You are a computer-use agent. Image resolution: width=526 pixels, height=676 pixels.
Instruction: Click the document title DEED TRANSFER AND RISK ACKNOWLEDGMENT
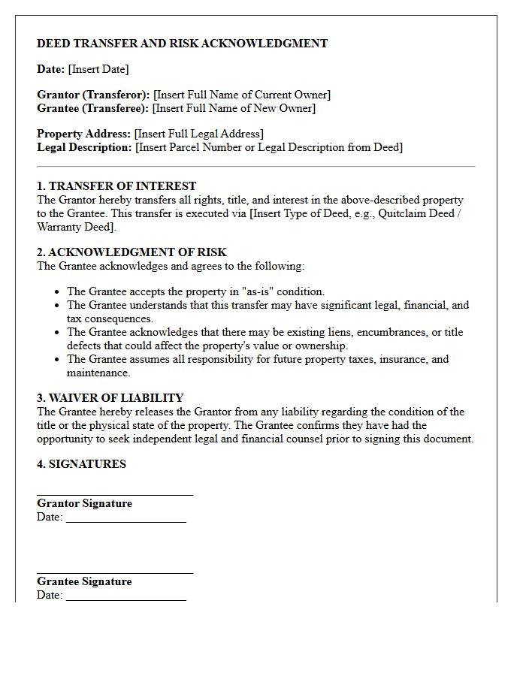coord(182,44)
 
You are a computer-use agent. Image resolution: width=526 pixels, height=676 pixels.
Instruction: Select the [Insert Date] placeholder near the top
coord(98,69)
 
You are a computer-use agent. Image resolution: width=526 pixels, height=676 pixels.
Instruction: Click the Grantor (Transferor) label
coord(93,95)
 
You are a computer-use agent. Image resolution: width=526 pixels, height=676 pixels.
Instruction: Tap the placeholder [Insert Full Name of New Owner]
coord(234,108)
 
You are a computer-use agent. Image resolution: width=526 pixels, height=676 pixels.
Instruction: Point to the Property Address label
coord(83,134)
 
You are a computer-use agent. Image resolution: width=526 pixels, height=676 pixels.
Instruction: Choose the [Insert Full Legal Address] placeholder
coord(198,134)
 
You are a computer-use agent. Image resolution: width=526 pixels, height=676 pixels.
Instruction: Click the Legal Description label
coord(84,147)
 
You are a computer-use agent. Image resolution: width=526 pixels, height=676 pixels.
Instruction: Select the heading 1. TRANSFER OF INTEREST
coord(116,186)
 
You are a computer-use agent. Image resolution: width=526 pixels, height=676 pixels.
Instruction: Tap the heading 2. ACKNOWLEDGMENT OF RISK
coord(131,252)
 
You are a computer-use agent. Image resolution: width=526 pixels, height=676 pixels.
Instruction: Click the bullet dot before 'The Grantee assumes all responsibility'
coord(58,360)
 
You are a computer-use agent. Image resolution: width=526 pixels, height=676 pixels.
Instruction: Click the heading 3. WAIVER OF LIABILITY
coord(110,398)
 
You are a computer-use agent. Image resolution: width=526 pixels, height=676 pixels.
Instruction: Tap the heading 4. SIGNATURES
coord(81,464)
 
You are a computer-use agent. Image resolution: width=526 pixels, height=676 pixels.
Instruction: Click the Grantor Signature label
coord(84,503)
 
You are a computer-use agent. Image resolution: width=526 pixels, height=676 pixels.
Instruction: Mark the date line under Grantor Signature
coord(125,521)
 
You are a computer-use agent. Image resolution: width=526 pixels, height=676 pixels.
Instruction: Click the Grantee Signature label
coord(84,581)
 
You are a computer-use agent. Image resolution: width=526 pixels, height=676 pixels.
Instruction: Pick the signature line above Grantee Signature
coord(115,573)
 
